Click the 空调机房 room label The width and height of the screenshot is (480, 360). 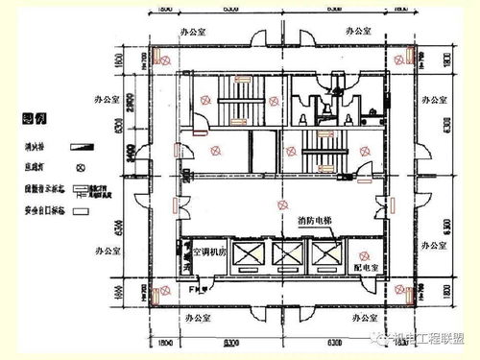pos(210,251)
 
